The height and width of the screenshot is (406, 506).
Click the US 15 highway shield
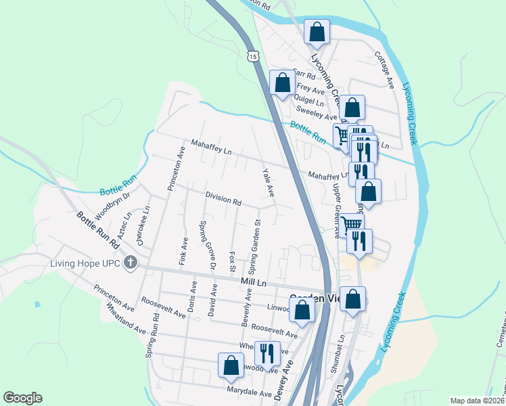pos(252,54)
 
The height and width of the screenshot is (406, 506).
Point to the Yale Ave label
pos(269,182)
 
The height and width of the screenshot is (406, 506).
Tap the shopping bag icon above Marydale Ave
pos(231,365)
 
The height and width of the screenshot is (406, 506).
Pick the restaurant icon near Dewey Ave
pos(267,353)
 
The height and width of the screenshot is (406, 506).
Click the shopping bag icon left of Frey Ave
pos(283,83)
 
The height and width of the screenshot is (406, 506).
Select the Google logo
pos(22,398)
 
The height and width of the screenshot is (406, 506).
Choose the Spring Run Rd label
pos(154,338)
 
